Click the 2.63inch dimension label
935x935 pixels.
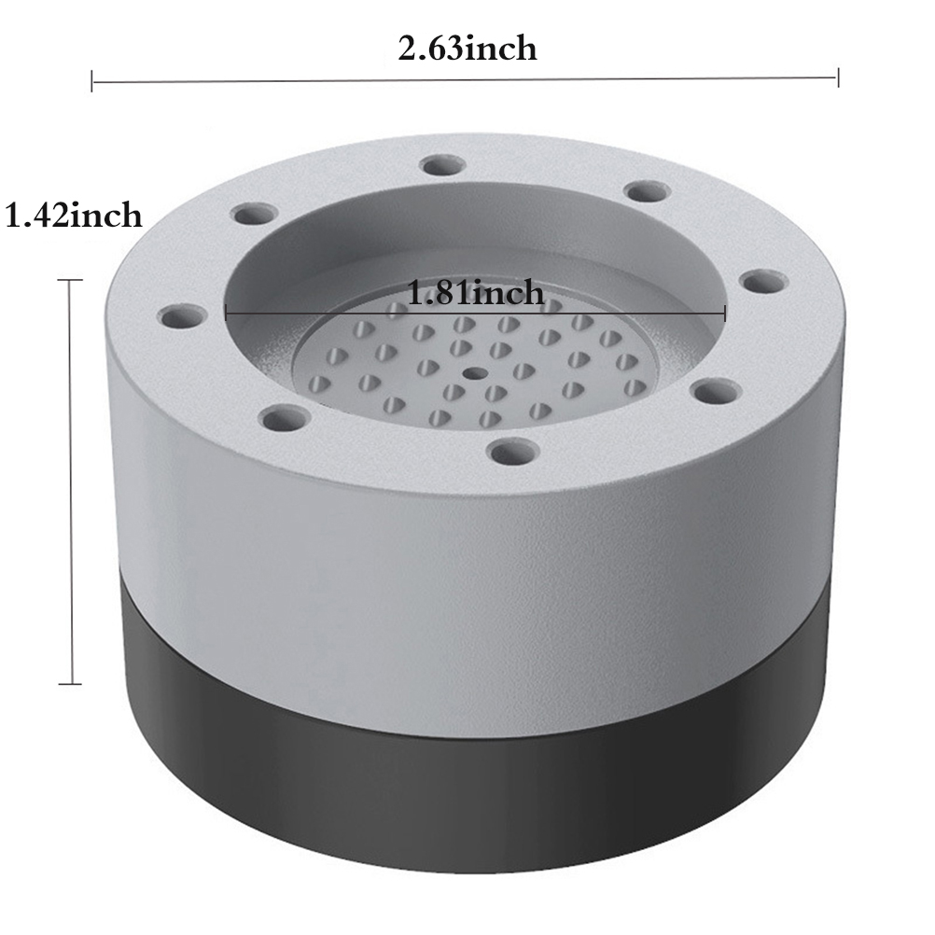pos(467,49)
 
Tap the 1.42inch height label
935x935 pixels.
pos(74,216)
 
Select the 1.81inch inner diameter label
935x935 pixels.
pos(475,293)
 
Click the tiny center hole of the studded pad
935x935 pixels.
pos(474,374)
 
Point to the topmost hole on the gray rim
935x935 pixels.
pos(442,165)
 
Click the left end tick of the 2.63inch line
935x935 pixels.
pos(91,81)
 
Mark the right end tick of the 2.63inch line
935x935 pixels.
pos(838,77)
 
